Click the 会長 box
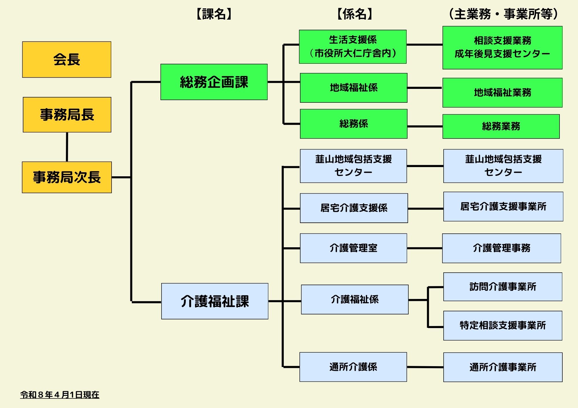67,59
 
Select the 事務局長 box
67,115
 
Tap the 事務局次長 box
67,177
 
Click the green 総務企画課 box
214,82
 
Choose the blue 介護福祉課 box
215,301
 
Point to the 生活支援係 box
353,46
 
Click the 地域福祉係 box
353,88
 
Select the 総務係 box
353,124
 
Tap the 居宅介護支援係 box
354,208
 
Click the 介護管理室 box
353,248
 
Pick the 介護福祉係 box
355,300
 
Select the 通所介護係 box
353,367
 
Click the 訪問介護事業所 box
503,287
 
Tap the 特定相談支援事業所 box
503,325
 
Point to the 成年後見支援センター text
502,54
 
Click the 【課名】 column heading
214,14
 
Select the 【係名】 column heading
355,14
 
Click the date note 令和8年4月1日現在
60,395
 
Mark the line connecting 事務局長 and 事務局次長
67,147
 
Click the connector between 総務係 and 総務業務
425,126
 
